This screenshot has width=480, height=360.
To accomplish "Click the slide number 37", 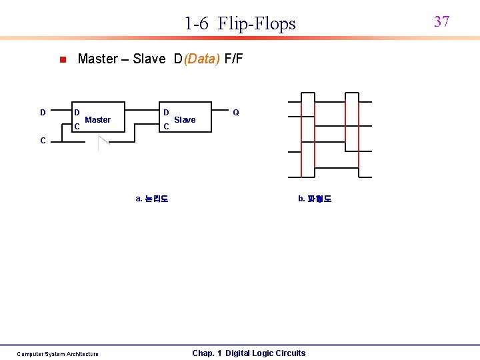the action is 441,21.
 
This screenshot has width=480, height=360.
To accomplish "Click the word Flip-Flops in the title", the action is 257,24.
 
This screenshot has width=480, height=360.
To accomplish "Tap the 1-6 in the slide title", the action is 197,24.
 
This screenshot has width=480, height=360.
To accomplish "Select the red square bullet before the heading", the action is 61,59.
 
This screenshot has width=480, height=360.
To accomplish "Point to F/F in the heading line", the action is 234,59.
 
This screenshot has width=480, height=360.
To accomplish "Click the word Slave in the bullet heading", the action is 149,59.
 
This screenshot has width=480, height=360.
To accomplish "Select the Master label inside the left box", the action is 98,120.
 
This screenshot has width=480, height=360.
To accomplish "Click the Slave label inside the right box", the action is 185,120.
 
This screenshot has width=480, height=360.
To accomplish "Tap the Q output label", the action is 236,113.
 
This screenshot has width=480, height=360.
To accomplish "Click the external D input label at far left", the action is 43,113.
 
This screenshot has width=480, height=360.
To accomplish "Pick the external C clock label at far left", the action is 43,141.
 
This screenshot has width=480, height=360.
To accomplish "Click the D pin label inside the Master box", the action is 77,112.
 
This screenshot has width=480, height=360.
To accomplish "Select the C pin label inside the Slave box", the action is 166,126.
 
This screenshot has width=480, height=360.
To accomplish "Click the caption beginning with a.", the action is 152,199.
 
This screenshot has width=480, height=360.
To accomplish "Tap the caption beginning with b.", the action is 314,199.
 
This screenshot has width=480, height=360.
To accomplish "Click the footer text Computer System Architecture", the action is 57,354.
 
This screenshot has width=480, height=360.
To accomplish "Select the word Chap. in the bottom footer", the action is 203,353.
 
